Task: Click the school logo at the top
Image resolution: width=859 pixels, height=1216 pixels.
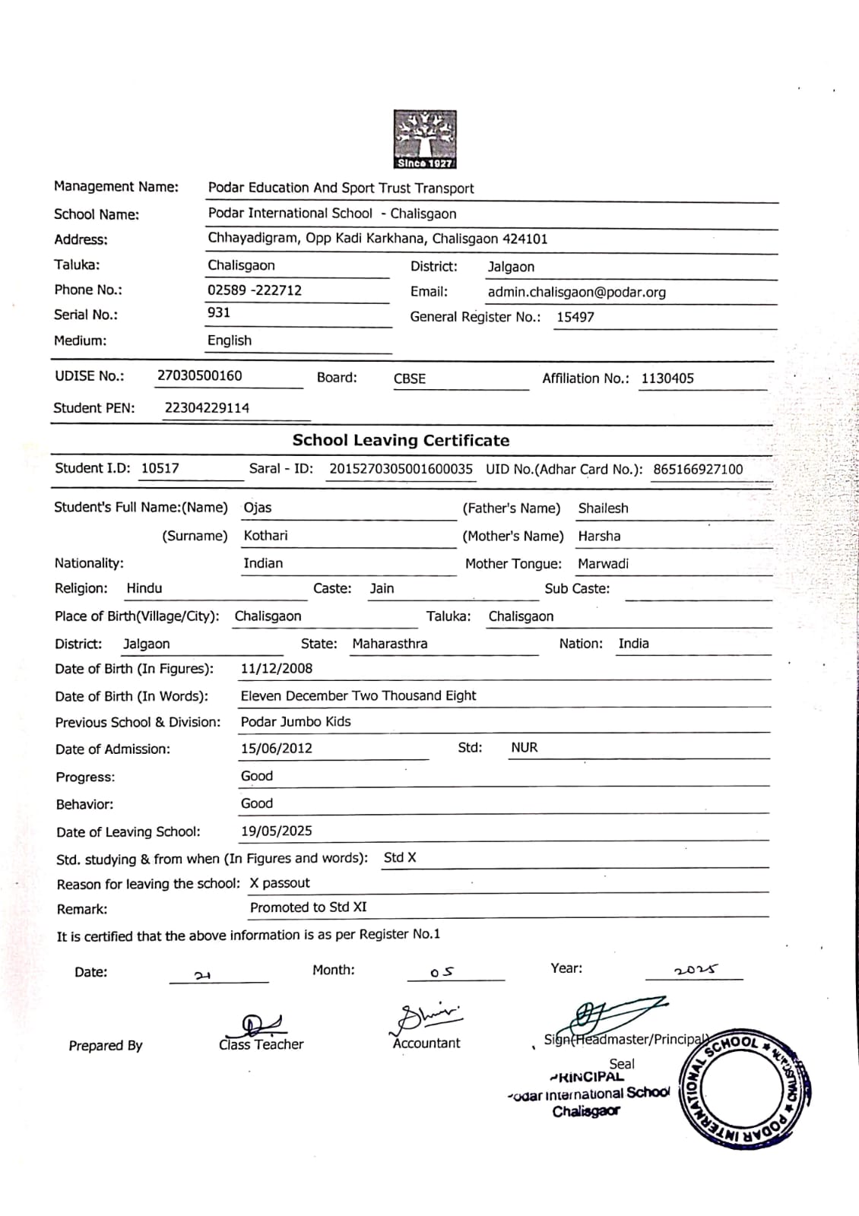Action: point(425,139)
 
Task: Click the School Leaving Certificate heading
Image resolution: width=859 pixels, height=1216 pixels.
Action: point(401,440)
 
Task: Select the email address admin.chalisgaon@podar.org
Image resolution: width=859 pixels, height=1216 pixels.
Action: point(576,292)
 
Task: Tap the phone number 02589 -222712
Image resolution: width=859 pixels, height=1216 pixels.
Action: point(255,290)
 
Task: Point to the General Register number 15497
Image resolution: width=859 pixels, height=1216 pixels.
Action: point(575,317)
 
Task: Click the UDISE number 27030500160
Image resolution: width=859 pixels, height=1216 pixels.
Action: point(200,375)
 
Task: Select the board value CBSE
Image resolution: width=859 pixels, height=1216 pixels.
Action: point(410,378)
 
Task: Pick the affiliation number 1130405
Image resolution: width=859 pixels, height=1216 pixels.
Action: point(667,378)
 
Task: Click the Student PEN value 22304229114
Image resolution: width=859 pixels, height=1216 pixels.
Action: point(207,408)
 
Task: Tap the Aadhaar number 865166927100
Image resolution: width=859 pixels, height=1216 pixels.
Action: point(698,470)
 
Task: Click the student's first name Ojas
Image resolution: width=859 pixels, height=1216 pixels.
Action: point(258,508)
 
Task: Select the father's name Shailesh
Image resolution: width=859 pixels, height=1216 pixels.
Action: point(603,508)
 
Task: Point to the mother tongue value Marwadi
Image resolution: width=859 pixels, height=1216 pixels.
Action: point(603,564)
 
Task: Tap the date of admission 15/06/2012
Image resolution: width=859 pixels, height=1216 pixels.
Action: point(277,749)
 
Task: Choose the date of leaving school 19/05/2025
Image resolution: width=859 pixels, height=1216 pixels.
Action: point(277,831)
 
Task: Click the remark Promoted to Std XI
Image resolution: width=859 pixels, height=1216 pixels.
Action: point(309,907)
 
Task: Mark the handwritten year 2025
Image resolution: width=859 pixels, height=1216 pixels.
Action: point(696,970)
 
